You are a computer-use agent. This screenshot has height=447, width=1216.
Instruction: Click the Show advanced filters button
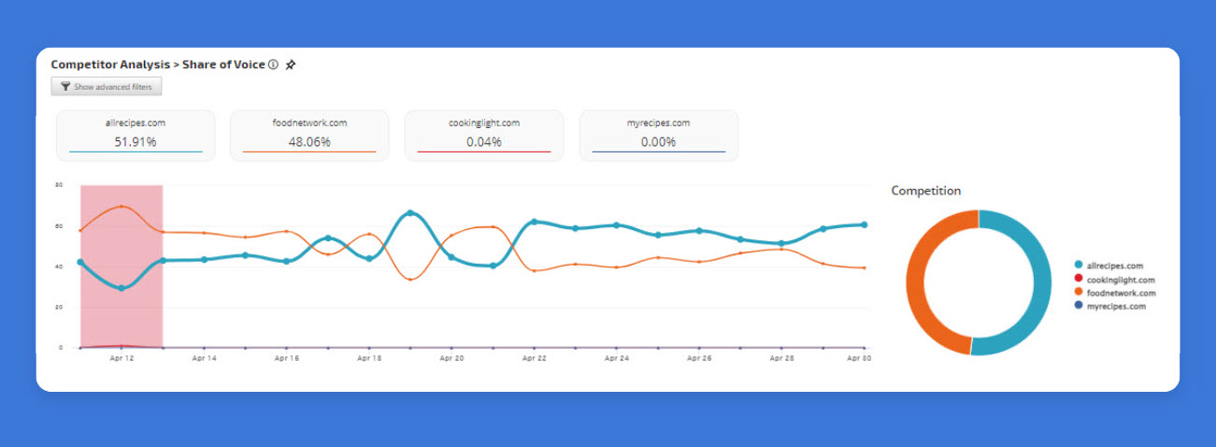pos(107,86)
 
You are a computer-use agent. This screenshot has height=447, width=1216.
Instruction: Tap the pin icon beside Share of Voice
pos(291,65)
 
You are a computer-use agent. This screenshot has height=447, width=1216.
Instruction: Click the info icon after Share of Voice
pos(273,65)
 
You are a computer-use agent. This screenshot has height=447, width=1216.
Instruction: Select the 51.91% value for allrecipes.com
pos(136,142)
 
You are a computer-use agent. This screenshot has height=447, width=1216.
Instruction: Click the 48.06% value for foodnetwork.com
pos(309,142)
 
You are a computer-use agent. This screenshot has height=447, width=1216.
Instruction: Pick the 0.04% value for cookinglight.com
pos(483,142)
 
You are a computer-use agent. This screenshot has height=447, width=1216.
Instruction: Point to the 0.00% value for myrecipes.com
pos(658,142)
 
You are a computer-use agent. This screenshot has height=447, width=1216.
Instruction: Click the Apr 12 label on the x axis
pos(122,358)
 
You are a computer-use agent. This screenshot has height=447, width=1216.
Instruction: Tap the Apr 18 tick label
pos(369,358)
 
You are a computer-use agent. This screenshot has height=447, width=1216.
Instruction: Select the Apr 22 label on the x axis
pos(534,358)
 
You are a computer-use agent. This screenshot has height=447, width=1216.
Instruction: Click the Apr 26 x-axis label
pos(699,358)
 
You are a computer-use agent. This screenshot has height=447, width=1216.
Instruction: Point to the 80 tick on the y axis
pos(59,185)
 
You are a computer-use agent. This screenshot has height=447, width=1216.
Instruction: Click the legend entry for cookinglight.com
pos(1115,280)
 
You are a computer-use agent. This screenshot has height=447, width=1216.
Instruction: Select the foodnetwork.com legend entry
pos(1115,293)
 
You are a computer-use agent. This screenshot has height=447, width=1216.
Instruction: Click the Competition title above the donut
pos(925,191)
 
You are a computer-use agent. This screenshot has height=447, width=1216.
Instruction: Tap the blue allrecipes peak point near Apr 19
pos(410,213)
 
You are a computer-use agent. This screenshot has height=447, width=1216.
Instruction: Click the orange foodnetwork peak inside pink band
pos(122,207)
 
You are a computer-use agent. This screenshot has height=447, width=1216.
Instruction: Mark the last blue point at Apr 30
pos(864,224)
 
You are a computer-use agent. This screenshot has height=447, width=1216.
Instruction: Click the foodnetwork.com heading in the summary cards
pos(309,123)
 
